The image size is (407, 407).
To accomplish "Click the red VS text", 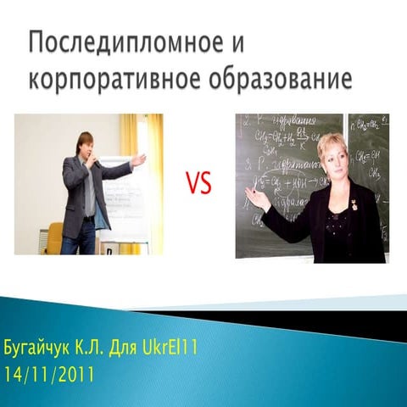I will [201, 184].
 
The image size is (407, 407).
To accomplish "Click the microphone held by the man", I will [95, 163].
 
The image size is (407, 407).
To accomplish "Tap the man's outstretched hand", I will [138, 159].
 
